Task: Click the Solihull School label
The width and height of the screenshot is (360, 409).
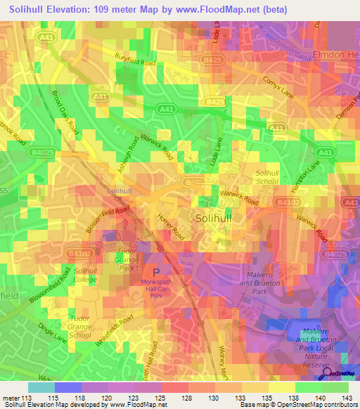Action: [267, 176]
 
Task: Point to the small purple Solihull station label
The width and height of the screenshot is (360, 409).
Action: [119, 191]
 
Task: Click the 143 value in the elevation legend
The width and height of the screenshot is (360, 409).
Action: [348, 398]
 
